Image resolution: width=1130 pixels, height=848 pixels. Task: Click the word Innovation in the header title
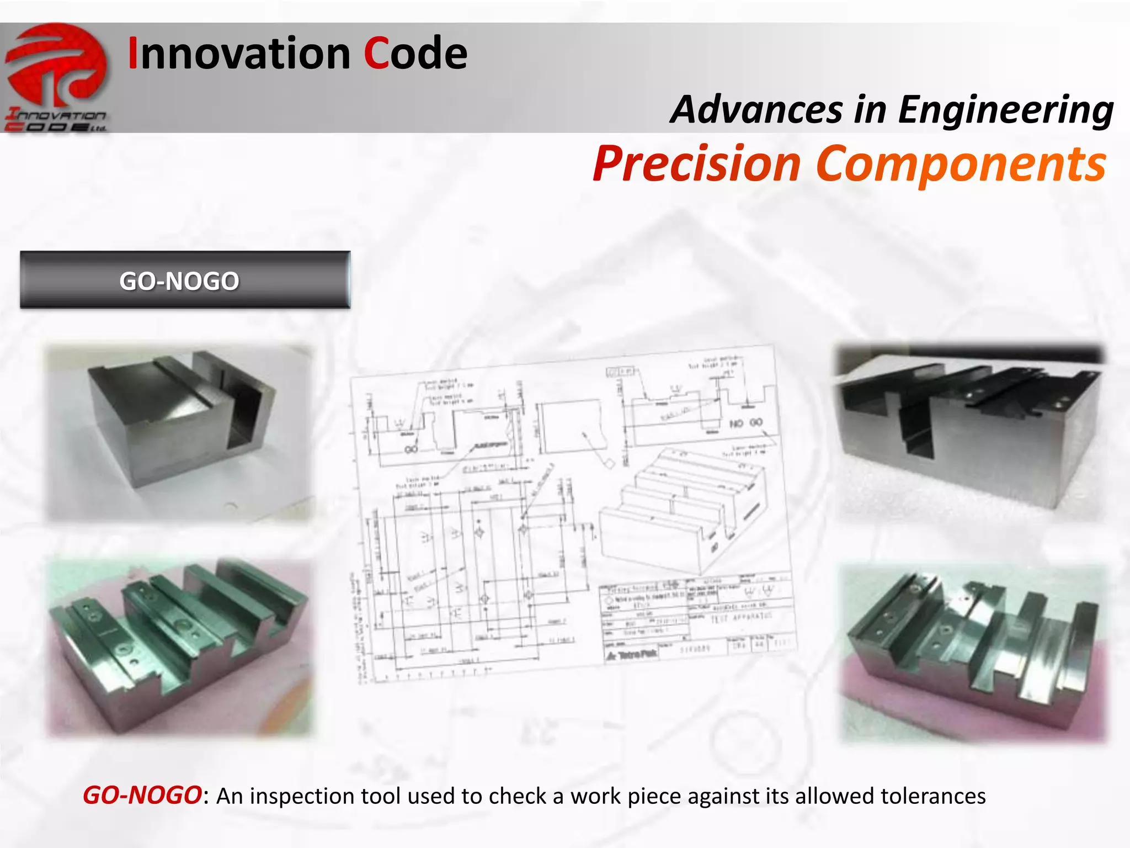coord(239,54)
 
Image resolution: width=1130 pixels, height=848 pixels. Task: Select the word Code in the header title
coord(415,54)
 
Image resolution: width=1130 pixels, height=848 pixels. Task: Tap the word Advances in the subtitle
coord(756,109)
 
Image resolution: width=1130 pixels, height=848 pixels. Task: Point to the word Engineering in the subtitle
coord(1005,110)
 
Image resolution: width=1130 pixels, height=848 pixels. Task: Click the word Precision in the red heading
coord(697,164)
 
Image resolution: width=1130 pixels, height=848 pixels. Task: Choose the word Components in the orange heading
coord(961,164)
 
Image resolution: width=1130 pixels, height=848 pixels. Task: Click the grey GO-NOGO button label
coord(179,281)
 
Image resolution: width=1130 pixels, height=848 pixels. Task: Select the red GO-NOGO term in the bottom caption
coord(142,796)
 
